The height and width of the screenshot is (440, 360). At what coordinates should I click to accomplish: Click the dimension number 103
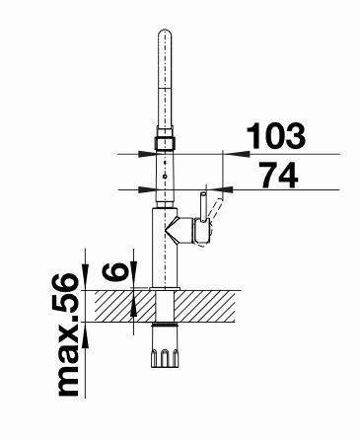pos(276,135)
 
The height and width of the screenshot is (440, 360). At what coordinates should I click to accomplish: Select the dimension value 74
pos(279,175)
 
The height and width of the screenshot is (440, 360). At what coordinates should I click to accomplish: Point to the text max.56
pos(67,335)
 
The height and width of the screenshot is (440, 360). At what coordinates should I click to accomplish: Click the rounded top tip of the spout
pos(165,32)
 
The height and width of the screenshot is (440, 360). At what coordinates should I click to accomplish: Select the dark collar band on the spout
pos(165,143)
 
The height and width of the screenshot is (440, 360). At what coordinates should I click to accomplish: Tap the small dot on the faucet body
pos(165,177)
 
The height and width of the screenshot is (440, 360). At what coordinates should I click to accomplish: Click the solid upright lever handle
pos(203,206)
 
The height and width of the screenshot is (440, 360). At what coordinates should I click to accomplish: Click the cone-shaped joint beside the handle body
pos(174,231)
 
